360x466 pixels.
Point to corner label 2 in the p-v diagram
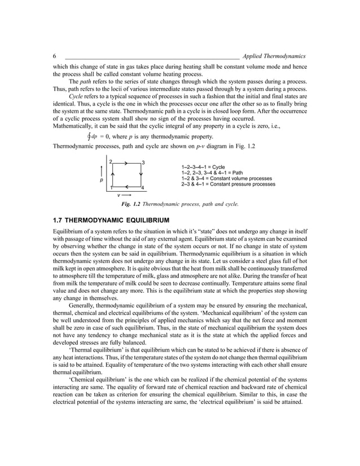pos(111,162)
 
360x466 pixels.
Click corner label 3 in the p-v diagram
pos(144,162)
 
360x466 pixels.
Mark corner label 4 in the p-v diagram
pos(143,187)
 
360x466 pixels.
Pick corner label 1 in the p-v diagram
pos(111,187)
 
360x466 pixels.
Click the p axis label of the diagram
pos(102,181)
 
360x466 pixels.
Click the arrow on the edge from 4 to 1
pos(128,185)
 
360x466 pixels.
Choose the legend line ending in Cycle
pos(203,168)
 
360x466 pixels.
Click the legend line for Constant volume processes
pos(227,179)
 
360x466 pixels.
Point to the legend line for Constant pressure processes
pos(228,184)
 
